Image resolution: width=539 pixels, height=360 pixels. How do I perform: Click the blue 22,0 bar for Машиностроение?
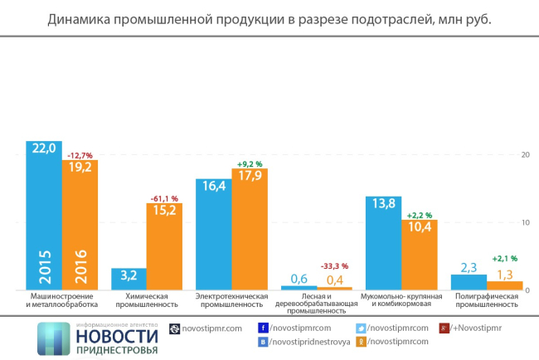click(x=43, y=216)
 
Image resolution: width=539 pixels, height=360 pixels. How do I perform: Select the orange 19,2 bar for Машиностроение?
click(x=80, y=224)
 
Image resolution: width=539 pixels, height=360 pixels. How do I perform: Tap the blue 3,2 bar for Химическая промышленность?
click(x=129, y=279)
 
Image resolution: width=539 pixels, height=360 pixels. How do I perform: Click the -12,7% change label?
click(x=80, y=153)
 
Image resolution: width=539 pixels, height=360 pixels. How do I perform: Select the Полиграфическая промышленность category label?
click(x=487, y=300)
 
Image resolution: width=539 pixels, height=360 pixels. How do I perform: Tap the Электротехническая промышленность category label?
click(x=233, y=300)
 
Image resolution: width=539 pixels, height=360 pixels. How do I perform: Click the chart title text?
click(x=269, y=18)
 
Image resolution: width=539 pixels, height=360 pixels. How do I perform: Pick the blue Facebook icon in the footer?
click(x=263, y=328)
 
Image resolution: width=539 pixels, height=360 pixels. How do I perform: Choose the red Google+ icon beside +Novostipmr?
click(x=444, y=328)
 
